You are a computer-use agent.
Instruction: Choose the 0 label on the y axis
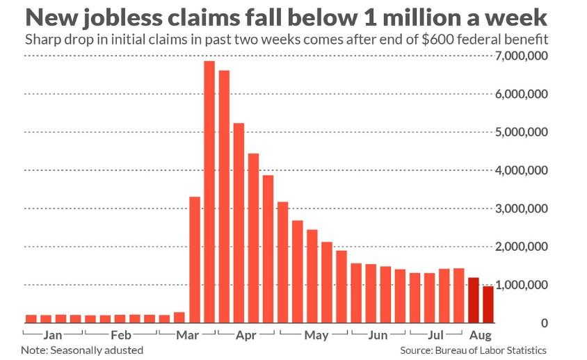544,323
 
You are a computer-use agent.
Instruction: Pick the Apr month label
246,335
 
